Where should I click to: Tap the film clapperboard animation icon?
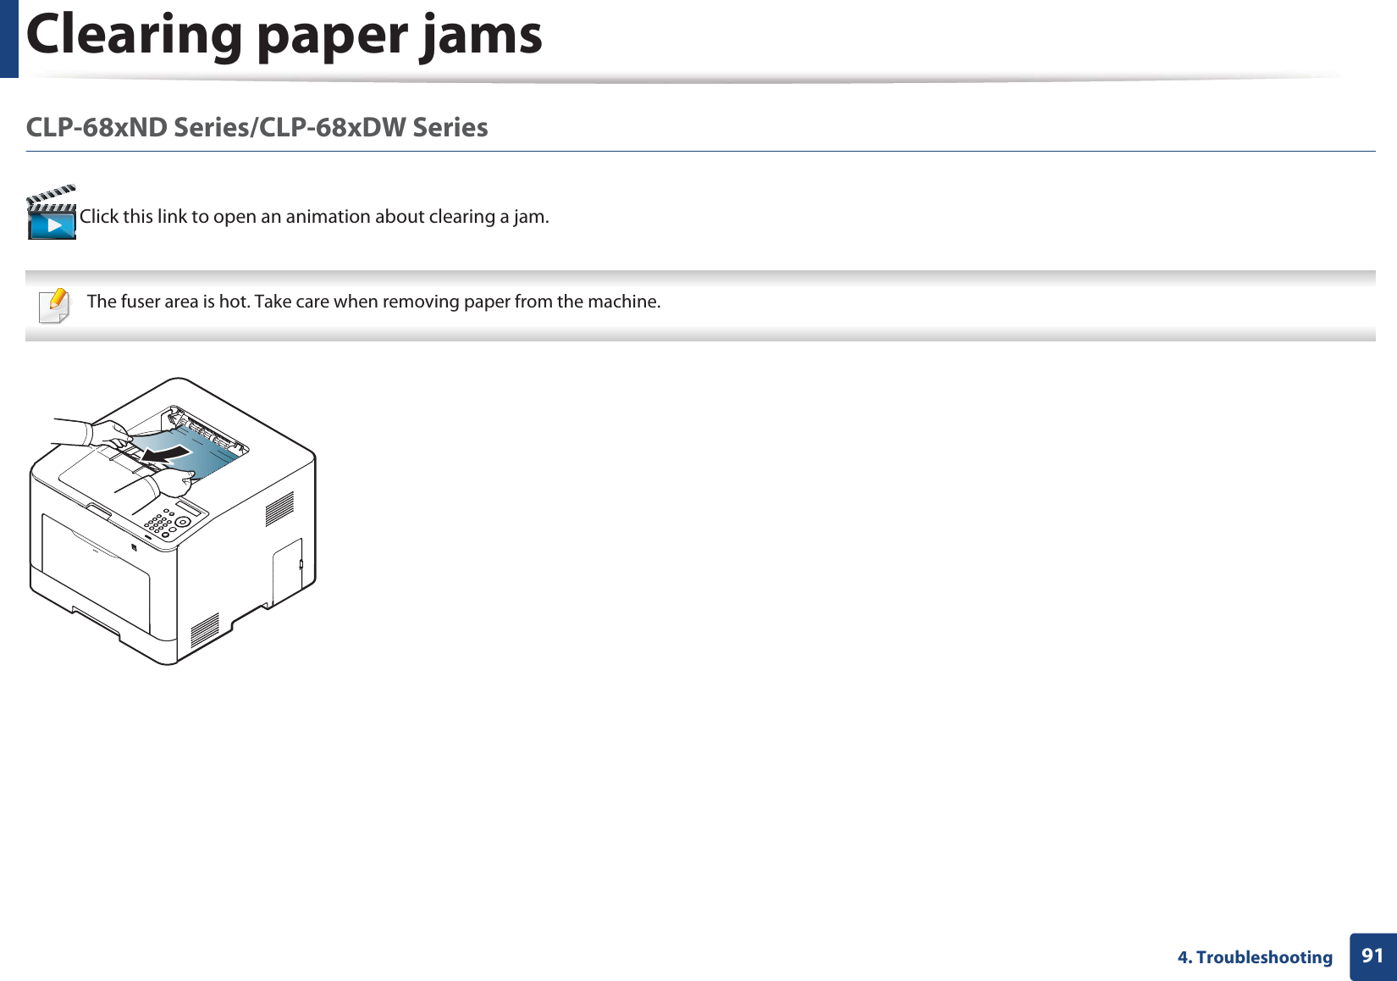[52, 213]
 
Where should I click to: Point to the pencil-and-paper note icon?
[55, 305]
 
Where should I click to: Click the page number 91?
[1372, 956]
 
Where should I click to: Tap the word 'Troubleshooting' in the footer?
[1263, 957]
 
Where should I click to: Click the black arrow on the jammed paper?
[166, 456]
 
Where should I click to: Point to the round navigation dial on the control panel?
[182, 522]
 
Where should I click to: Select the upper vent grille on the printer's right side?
[279, 508]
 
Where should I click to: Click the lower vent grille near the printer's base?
[205, 630]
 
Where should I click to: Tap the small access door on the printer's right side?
[287, 570]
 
